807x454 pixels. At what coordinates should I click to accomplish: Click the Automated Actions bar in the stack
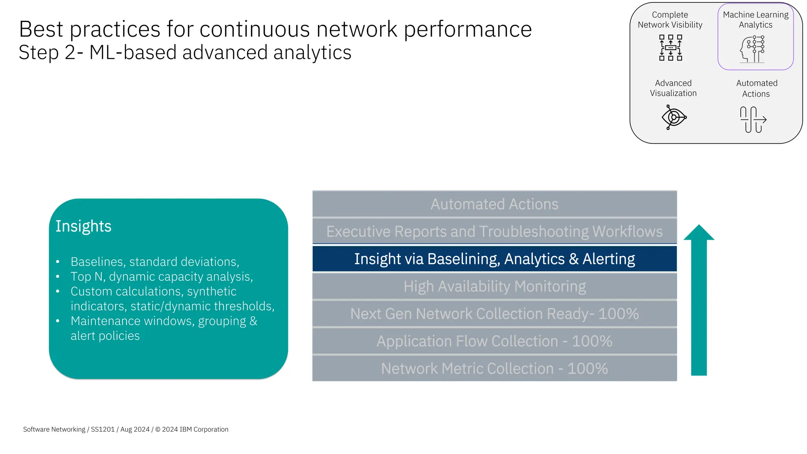point(494,204)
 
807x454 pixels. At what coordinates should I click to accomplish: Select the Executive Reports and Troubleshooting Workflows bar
point(494,231)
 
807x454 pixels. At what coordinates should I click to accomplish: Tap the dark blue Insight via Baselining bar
point(494,259)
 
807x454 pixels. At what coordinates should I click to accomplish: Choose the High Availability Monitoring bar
point(494,287)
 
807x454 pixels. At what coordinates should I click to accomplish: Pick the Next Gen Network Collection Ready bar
point(494,314)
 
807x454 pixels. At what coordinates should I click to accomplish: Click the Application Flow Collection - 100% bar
point(494,341)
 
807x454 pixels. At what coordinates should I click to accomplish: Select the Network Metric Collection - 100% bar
point(494,368)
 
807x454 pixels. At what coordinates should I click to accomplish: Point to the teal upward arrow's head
point(699,233)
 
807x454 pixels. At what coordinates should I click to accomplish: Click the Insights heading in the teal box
point(84,226)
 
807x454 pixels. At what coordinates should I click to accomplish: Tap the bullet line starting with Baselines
point(155,262)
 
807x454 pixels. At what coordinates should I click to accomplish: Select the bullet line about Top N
point(162,277)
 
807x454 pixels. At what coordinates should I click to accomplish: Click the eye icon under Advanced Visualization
point(674,117)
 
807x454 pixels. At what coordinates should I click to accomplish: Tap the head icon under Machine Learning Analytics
point(752,49)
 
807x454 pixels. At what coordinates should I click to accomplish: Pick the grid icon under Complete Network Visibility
point(670,48)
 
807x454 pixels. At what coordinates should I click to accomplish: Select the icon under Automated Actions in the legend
point(753,119)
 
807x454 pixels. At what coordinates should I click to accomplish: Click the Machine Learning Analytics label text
point(755,20)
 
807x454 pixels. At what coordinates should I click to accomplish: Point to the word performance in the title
point(468,29)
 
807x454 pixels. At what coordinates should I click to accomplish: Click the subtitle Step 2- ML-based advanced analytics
point(185,52)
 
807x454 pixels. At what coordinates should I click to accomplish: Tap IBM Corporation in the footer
point(204,429)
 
